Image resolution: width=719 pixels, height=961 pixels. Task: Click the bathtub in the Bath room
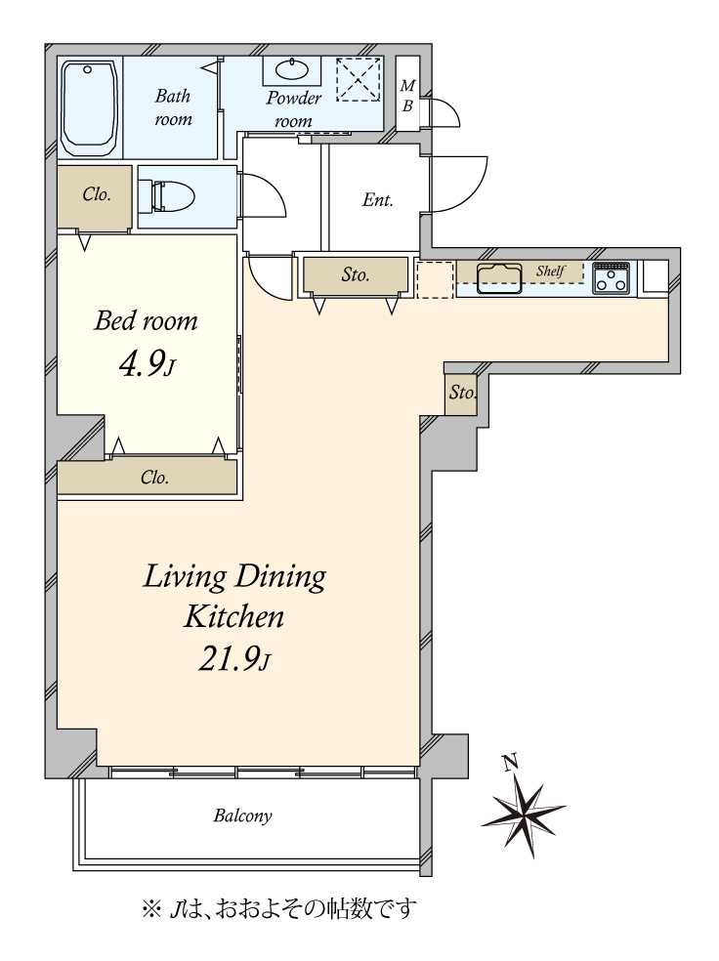pos(90,108)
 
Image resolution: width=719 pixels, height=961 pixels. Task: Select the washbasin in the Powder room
pos(293,70)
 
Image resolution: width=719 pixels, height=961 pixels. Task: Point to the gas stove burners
pos(611,277)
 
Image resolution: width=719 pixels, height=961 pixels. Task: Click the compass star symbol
pos(523,808)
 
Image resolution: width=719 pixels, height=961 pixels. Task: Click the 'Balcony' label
pos(242,815)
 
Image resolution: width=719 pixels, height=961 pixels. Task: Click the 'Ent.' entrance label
pos(378,199)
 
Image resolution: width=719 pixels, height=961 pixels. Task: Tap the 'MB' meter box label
pos(407,96)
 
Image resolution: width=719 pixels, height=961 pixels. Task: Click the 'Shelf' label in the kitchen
pos(550,271)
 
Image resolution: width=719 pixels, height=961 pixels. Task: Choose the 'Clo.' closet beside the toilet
pos(97,195)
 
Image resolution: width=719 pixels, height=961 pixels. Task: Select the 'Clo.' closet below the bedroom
pos(154,477)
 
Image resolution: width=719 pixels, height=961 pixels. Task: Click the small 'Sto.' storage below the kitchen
pos(461,392)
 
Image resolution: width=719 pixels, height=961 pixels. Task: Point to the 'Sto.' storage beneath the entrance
pos(356,274)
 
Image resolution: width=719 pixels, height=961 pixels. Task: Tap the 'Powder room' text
pos(294,109)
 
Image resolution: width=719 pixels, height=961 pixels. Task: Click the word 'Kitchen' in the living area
pos(233,616)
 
